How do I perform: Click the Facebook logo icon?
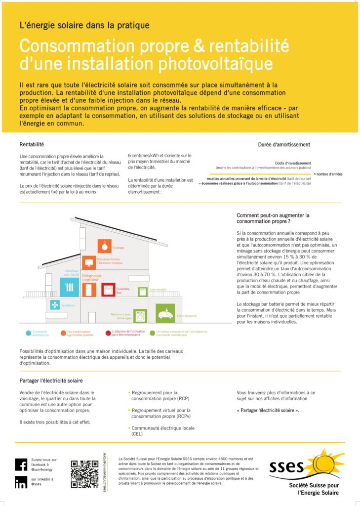[x=21, y=464]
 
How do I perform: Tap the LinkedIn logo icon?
[x=21, y=482]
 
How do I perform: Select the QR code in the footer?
[x=84, y=474]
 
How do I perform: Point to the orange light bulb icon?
[x=104, y=246]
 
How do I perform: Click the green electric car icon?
[x=165, y=313]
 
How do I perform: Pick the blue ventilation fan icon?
[x=54, y=305]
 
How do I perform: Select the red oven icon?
[x=108, y=290]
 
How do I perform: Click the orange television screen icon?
[x=89, y=262]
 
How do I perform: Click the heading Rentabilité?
[x=32, y=145]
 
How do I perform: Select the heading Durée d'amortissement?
[x=284, y=145]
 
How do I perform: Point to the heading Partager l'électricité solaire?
[x=51, y=380]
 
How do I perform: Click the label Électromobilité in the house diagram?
[x=187, y=316]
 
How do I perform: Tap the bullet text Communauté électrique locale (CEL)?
[x=156, y=431]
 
